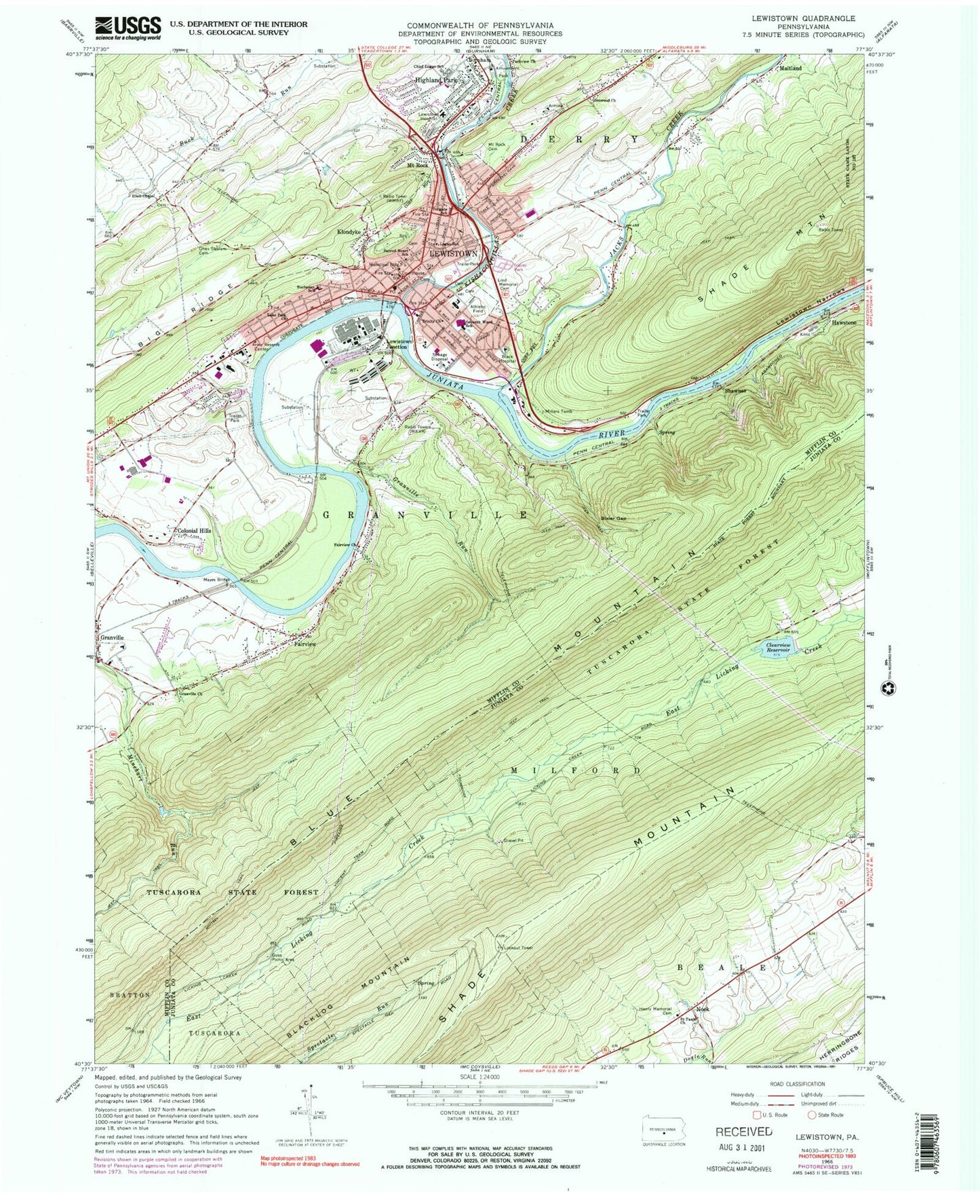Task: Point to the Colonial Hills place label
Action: [x=195, y=531]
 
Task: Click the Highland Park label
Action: [x=436, y=80]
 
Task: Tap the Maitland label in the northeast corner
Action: [x=790, y=69]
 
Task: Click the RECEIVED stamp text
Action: [x=743, y=1131]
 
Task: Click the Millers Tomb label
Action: [x=560, y=411]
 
